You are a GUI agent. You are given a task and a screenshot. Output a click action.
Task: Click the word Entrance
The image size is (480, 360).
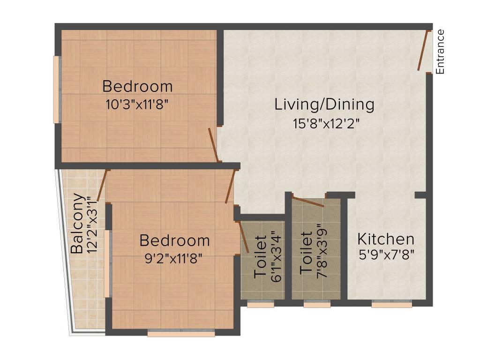(440, 52)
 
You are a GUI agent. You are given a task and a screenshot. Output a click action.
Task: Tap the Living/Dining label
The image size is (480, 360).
(324, 105)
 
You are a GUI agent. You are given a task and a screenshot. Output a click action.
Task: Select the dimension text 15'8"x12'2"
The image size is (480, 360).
(326, 124)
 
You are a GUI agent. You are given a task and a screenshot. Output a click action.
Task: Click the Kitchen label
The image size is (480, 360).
(386, 239)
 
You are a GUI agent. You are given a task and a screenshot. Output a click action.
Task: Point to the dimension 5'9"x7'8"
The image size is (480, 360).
(387, 255)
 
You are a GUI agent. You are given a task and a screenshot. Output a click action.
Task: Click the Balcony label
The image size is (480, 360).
(77, 223)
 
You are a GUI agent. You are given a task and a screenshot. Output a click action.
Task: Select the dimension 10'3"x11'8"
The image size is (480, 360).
(137, 105)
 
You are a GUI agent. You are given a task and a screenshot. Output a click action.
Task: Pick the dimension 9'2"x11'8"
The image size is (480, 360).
(173, 259)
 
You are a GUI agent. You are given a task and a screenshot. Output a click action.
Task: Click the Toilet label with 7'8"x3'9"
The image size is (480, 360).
(306, 253)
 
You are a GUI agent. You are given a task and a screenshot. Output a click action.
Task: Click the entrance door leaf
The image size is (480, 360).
(423, 50)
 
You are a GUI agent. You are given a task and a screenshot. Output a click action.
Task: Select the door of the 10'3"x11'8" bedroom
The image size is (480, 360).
(213, 145)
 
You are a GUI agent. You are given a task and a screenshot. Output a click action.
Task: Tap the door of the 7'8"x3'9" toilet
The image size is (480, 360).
(308, 202)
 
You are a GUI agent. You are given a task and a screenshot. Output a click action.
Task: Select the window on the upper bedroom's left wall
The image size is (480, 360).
(57, 90)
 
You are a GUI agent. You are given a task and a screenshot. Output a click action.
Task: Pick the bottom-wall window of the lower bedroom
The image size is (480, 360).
(181, 333)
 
